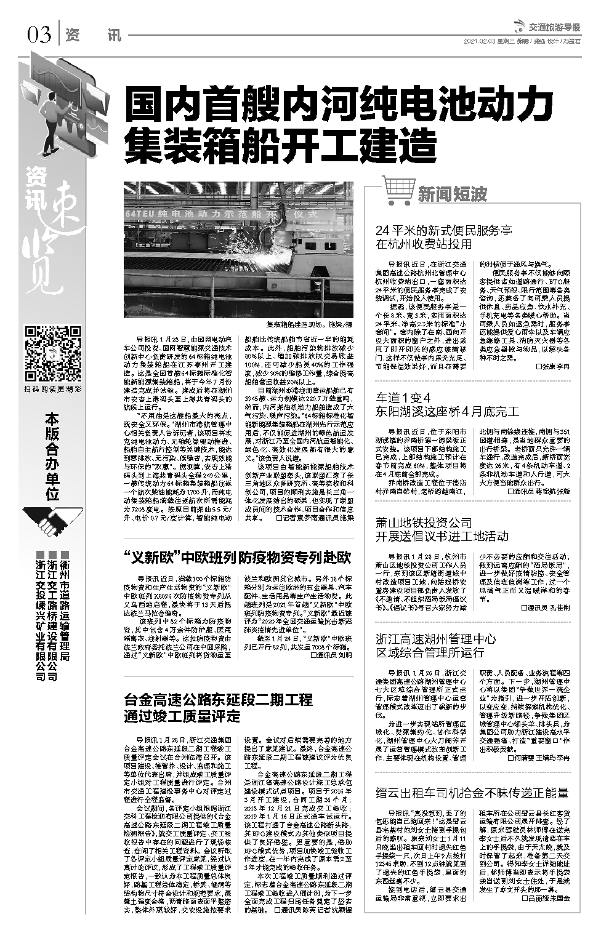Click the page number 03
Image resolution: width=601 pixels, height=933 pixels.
[38, 35]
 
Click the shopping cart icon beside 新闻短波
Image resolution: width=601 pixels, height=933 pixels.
[397, 190]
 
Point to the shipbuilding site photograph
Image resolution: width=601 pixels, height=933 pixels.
[238, 250]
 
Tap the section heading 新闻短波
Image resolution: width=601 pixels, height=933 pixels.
[453, 194]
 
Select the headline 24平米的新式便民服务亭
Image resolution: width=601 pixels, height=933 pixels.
[443, 231]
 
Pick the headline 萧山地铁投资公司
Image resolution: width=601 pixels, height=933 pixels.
[424, 523]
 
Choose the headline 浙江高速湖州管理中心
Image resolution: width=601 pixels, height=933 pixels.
[436, 639]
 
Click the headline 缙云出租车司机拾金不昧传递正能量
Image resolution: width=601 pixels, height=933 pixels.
[472, 793]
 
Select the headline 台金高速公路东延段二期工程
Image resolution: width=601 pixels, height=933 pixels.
[218, 700]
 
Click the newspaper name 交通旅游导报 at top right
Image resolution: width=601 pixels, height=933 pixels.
[554, 28]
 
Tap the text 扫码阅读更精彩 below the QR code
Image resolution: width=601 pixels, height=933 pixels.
[52, 389]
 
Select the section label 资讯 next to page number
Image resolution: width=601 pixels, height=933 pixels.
[93, 35]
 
